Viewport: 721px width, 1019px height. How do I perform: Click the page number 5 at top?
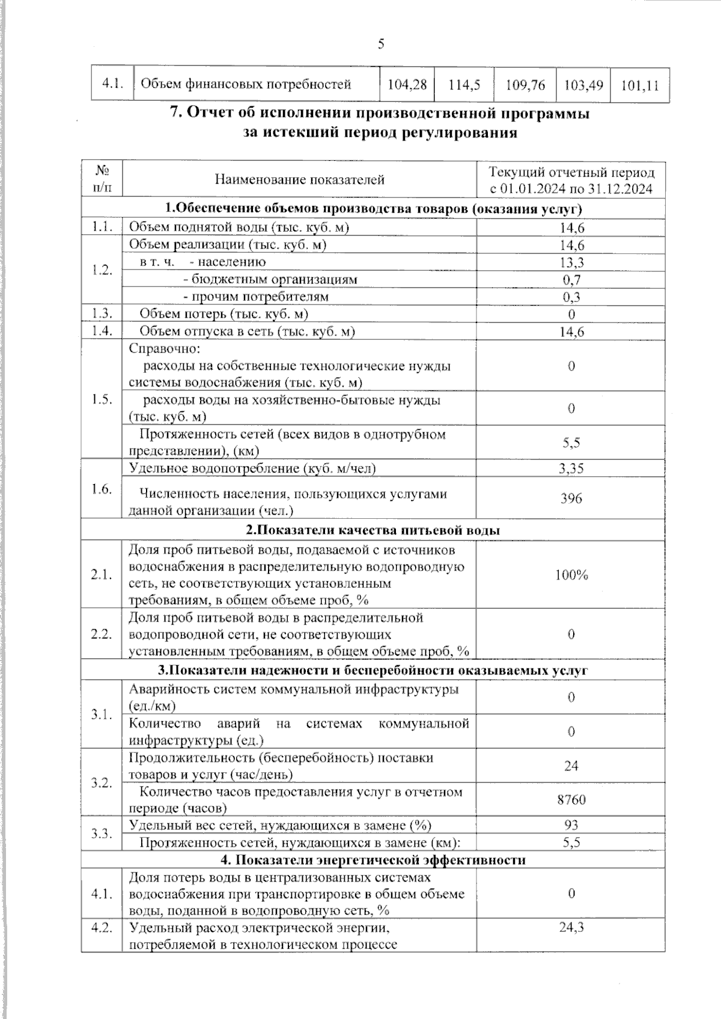pos(380,44)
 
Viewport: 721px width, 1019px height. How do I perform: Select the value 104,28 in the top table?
pos(407,85)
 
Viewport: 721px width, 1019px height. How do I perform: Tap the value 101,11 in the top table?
pos(639,85)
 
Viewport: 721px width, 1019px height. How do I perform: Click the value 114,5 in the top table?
pos(464,85)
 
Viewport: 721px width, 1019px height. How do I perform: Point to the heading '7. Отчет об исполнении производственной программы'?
pos(380,113)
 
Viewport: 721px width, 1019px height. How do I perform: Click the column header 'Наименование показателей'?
pos(299,179)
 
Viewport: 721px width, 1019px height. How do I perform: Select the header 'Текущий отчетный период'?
pos(571,172)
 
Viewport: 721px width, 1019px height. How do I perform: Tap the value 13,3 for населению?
pos(571,262)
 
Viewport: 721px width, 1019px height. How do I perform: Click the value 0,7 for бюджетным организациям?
pos(571,280)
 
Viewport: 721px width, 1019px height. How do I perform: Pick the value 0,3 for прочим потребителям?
pos(571,297)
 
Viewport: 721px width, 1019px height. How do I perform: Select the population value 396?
pos(571,498)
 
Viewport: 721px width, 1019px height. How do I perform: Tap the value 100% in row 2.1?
pos(571,575)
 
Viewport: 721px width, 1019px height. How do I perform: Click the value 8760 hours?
pos(571,800)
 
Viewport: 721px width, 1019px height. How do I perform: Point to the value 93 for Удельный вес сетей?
pos(571,825)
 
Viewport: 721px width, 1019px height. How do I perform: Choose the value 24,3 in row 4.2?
pos(571,928)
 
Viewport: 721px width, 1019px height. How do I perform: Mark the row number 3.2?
pos(102,783)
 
